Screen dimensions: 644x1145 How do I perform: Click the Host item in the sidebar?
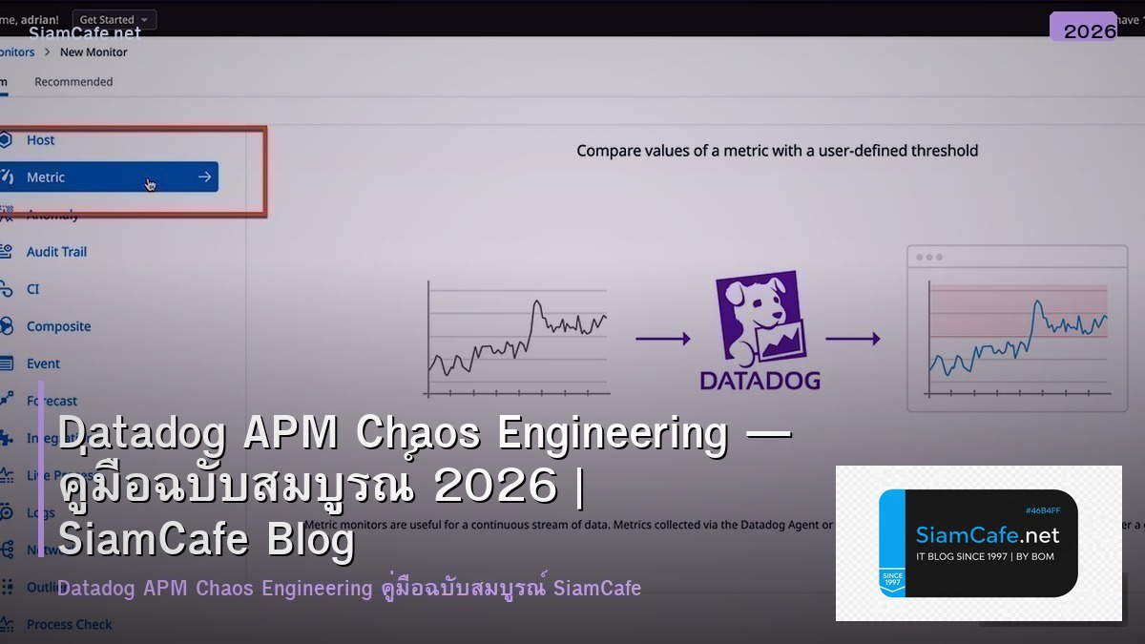[40, 140]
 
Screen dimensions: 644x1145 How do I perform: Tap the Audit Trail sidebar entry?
[56, 252]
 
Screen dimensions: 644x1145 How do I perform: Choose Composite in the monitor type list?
[58, 326]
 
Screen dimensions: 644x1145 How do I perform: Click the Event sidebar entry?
[43, 364]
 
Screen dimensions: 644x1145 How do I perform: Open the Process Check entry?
[69, 624]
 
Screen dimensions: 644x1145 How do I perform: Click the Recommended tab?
[73, 82]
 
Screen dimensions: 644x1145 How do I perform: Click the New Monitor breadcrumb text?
[94, 52]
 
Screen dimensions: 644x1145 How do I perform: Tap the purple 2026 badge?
[1089, 31]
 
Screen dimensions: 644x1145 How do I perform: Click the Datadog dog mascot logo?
[760, 320]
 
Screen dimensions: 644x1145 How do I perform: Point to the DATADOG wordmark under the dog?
[760, 381]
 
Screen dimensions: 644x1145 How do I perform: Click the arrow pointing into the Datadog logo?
[662, 338]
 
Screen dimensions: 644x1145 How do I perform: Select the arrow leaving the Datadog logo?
[852, 338]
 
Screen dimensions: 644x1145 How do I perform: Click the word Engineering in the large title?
[614, 434]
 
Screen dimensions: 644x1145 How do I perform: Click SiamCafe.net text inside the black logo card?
[988, 534]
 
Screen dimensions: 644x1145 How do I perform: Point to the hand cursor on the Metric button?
[151, 184]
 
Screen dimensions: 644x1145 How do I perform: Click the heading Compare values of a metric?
[777, 150]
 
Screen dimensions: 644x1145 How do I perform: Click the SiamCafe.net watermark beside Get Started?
[85, 32]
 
